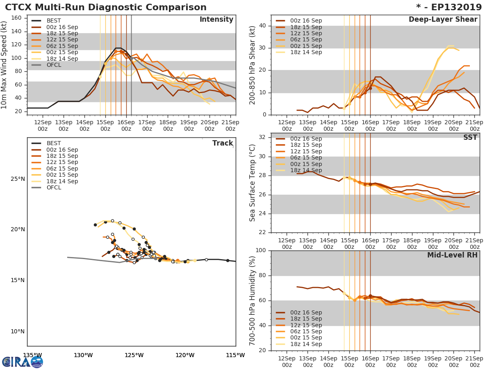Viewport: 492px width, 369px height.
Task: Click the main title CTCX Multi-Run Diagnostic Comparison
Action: (x=106, y=7)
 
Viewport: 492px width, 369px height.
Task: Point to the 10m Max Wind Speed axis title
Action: (x=5, y=65)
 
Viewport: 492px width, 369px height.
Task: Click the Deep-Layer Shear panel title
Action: (x=443, y=20)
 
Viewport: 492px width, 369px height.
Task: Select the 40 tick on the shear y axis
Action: (x=263, y=26)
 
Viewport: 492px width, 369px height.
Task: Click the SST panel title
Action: (x=470, y=138)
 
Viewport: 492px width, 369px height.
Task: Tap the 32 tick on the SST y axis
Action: (x=263, y=137)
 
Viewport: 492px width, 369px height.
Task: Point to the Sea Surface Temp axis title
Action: (x=253, y=183)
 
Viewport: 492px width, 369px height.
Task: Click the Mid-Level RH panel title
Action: (x=452, y=255)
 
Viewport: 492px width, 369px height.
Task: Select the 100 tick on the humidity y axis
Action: (x=261, y=251)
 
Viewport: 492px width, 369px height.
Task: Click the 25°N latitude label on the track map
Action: (x=18, y=179)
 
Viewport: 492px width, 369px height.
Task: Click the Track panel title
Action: (x=223, y=143)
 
